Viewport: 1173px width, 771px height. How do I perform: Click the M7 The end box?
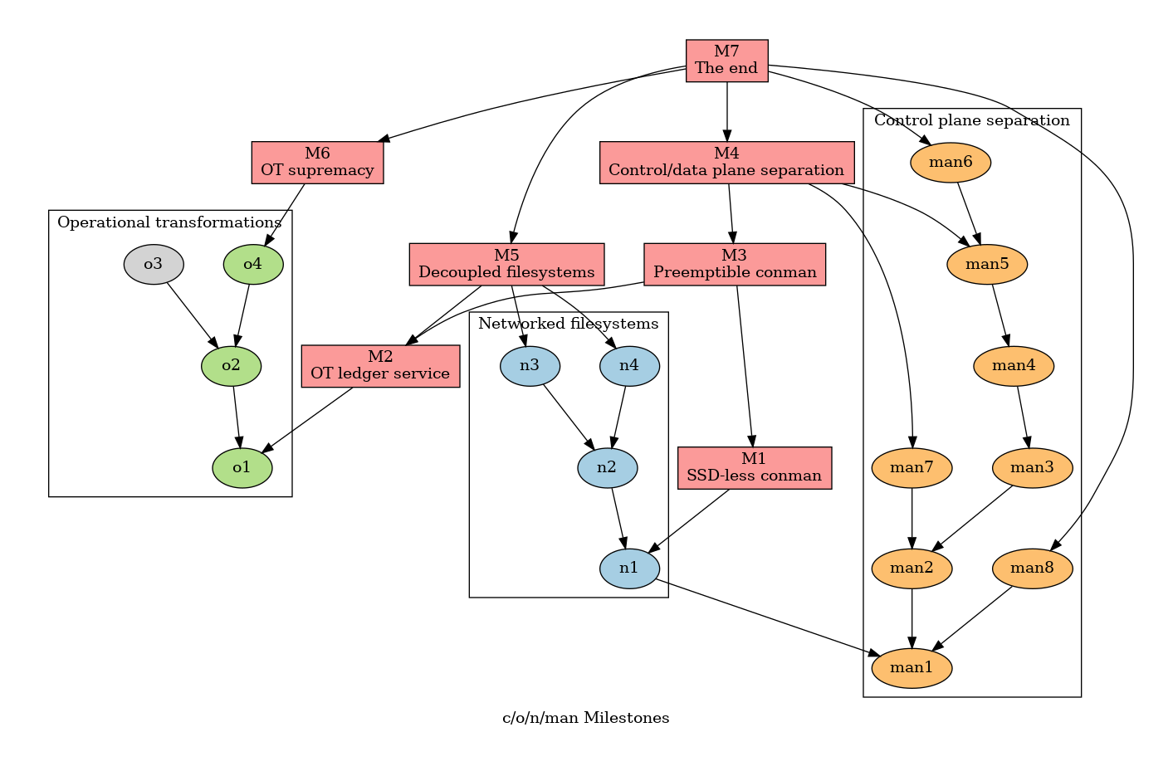click(726, 61)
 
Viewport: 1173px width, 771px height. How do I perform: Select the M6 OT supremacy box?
click(317, 163)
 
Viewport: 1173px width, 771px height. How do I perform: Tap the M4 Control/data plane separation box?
click(726, 163)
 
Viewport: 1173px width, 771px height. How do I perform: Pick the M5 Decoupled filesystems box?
click(506, 264)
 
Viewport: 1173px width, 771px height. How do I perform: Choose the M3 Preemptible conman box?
click(735, 264)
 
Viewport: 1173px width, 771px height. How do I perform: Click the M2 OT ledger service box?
click(380, 366)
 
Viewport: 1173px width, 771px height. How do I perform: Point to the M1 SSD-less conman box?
click(754, 468)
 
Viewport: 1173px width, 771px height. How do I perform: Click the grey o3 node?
click(154, 265)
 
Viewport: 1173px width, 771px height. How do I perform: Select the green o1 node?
click(242, 468)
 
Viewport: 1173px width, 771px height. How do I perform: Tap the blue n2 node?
click(607, 467)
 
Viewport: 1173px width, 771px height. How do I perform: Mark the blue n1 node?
click(629, 568)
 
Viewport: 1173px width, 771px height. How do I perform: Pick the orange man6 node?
click(951, 163)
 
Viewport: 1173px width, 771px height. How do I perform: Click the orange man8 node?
click(1032, 568)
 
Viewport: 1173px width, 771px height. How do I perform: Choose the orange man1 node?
click(912, 668)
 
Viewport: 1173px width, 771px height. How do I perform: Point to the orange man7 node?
click(912, 468)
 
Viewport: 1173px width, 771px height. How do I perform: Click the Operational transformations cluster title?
click(169, 222)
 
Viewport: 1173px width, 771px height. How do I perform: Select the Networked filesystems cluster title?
click(569, 324)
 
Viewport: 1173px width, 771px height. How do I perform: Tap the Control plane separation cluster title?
click(972, 120)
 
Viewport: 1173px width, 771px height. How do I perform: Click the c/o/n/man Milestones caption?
click(586, 718)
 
